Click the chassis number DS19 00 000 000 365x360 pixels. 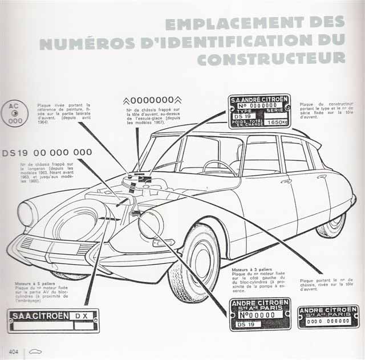pyautogui.click(x=47, y=153)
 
